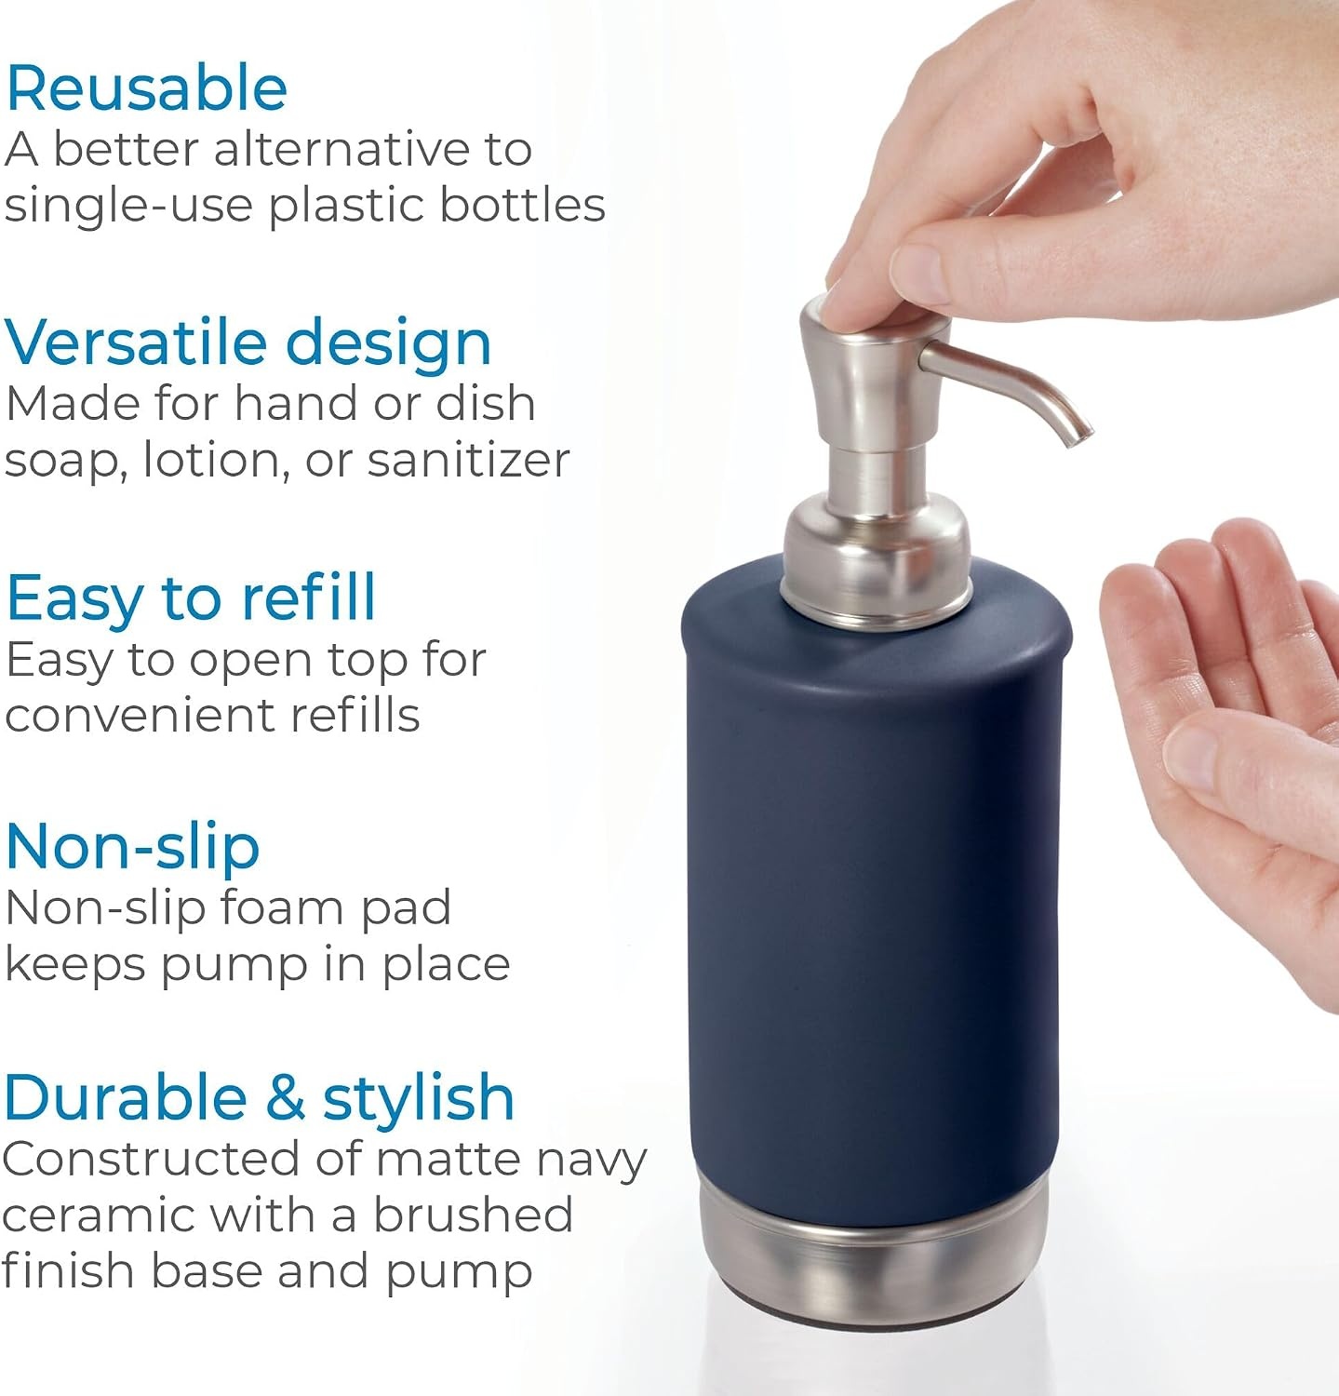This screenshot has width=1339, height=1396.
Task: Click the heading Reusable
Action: [146, 88]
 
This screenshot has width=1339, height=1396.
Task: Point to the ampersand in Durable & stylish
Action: [285, 1097]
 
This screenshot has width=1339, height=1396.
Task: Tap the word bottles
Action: [523, 204]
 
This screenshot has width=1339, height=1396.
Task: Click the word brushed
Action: [473, 1214]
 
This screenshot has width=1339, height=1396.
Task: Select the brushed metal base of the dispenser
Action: [873, 1257]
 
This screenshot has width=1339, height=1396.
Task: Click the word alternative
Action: [339, 149]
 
